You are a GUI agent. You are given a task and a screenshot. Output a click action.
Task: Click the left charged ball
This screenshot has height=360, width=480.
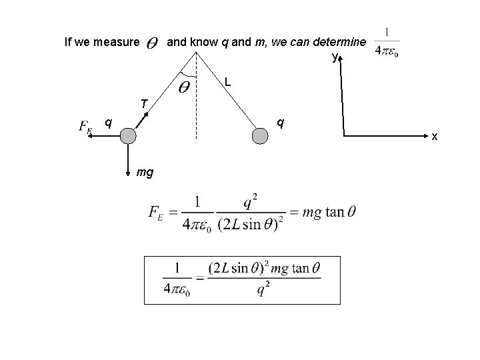point(128,136)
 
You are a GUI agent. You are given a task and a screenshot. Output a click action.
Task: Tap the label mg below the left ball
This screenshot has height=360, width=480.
point(145,172)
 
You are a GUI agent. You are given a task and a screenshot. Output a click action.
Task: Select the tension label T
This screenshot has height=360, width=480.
point(143,103)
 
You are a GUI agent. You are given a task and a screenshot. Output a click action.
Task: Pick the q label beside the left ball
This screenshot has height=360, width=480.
point(108,122)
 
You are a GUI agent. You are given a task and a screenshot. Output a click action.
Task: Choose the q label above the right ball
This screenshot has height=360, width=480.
point(281,123)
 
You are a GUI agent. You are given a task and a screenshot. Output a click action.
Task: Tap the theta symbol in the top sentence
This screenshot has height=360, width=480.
point(151,44)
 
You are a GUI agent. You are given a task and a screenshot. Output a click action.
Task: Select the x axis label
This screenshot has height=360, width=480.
point(434,137)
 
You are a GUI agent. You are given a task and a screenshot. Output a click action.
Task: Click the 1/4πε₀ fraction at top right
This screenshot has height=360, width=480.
point(387,42)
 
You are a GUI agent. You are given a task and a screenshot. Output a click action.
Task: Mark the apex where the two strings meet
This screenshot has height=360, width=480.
point(196,52)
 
